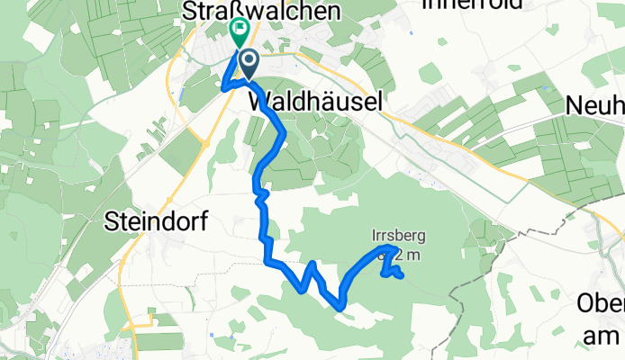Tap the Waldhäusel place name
click(314, 103)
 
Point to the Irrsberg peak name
click(398, 237)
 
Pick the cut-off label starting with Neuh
click(594, 104)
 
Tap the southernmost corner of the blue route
click(340, 307)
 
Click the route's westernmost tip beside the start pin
click(222, 87)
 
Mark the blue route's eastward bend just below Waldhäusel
click(285, 134)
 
